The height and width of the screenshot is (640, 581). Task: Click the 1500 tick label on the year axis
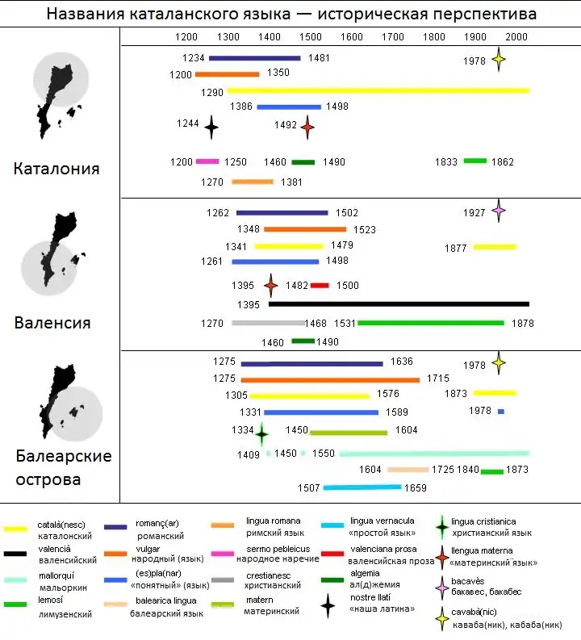point(311,36)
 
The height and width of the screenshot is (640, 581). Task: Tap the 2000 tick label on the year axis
point(517,36)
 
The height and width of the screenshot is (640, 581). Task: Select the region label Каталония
point(56,169)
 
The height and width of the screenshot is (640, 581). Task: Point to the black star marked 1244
point(211,126)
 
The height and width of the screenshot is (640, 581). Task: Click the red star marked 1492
point(307,126)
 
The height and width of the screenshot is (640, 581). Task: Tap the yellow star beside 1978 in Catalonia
point(499,59)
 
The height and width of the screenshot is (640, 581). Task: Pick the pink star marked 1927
point(499,211)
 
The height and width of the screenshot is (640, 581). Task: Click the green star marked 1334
point(261,433)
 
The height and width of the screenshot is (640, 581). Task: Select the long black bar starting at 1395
point(399,304)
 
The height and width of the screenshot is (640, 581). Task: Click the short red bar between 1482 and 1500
point(320,285)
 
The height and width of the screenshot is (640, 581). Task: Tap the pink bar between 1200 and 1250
point(207,161)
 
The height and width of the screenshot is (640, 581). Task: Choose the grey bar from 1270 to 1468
point(267,323)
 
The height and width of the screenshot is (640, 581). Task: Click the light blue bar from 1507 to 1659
point(362,487)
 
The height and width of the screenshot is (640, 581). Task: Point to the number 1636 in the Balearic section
point(401,362)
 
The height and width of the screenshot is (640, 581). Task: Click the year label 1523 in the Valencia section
point(365,229)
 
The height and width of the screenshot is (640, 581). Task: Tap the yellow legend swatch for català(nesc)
point(15,529)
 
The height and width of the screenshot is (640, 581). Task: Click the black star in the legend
point(327,605)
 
